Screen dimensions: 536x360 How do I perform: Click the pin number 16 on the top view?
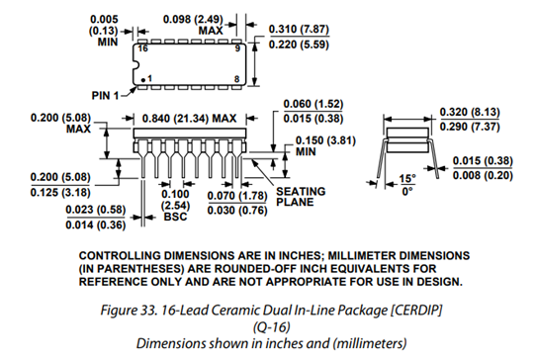click(x=142, y=48)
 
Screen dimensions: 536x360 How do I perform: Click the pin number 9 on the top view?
click(x=237, y=48)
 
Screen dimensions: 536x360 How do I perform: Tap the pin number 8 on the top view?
click(x=237, y=79)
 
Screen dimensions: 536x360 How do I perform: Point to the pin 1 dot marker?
click(x=143, y=80)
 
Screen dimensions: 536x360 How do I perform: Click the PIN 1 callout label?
click(x=105, y=95)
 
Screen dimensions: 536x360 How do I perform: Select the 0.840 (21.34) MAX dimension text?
click(x=189, y=119)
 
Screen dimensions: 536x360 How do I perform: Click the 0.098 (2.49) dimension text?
click(x=193, y=19)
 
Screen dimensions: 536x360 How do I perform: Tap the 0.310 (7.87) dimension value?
click(x=299, y=30)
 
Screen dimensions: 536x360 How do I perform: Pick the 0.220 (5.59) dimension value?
click(x=299, y=45)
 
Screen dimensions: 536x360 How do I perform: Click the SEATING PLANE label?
click(x=301, y=197)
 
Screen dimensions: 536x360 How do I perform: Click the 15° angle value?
click(x=407, y=178)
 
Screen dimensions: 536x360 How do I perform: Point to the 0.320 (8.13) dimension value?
click(x=470, y=112)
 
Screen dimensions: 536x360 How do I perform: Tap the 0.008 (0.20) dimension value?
click(x=483, y=175)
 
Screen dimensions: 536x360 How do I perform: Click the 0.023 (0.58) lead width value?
click(x=96, y=210)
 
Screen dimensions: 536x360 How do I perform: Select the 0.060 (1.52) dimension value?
click(x=313, y=104)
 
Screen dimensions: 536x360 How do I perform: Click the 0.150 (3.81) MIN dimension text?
click(x=325, y=146)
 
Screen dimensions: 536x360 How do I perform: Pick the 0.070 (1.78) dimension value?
click(x=237, y=196)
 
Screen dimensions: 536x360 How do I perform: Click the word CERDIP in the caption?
click(x=416, y=311)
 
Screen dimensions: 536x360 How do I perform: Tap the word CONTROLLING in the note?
click(x=120, y=256)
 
